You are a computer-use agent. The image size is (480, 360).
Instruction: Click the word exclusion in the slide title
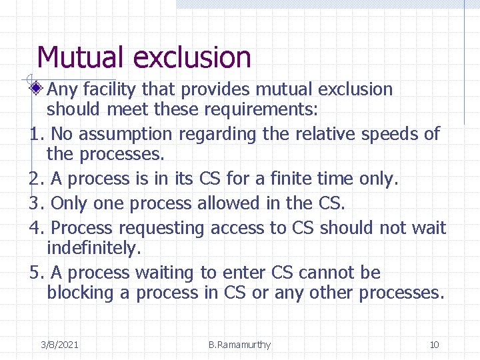(x=192, y=57)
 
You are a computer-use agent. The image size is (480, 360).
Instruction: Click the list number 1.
(x=36, y=134)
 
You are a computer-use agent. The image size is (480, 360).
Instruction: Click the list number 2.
(x=36, y=179)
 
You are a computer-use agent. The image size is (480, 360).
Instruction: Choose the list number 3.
(x=36, y=203)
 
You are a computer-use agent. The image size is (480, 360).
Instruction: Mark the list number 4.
(x=36, y=228)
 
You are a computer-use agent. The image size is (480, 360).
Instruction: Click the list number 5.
(x=36, y=273)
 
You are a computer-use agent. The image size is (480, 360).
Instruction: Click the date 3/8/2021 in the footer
(x=59, y=345)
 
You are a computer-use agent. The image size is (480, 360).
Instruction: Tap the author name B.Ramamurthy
(x=239, y=345)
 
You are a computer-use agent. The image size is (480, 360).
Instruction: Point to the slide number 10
(x=434, y=345)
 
